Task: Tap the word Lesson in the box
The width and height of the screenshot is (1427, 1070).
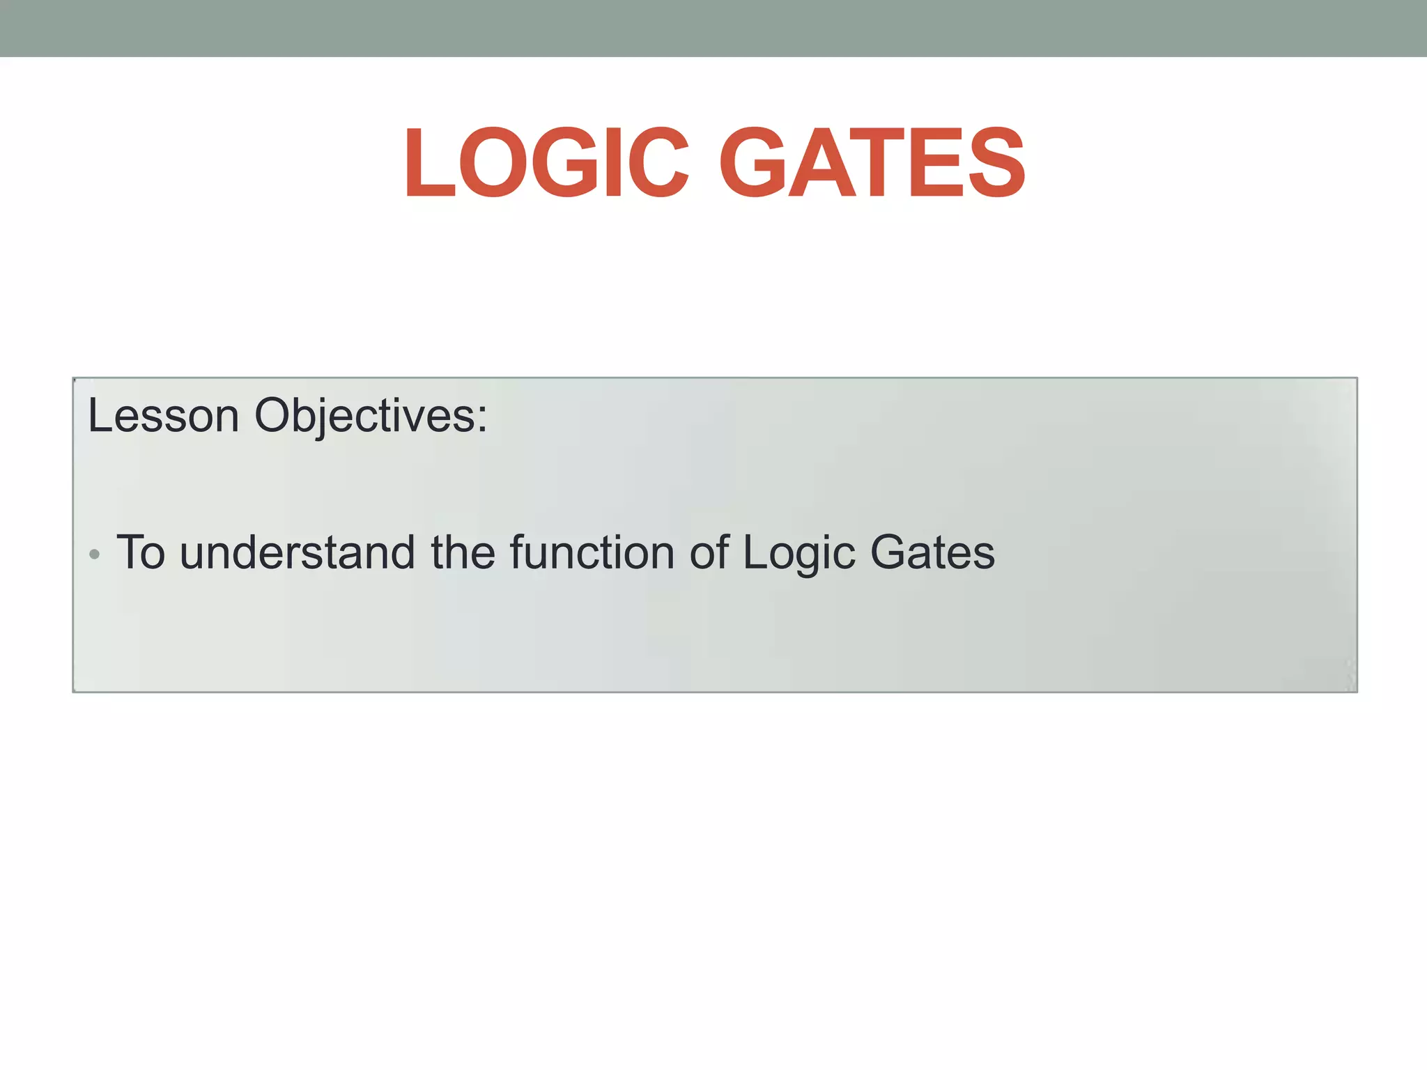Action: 163,416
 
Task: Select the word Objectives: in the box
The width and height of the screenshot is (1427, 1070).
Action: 371,416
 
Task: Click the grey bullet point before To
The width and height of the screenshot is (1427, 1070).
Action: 95,555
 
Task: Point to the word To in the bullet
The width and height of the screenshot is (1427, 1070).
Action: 141,552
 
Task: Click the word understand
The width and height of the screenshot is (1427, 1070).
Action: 298,552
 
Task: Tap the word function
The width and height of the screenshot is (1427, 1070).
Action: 592,552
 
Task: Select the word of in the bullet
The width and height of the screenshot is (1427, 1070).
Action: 709,552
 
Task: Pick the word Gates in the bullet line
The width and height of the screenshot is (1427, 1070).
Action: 932,552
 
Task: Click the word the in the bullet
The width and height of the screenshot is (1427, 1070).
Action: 463,552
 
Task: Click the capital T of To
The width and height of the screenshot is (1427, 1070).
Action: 130,552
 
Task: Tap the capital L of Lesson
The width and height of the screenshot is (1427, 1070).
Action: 98,416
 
